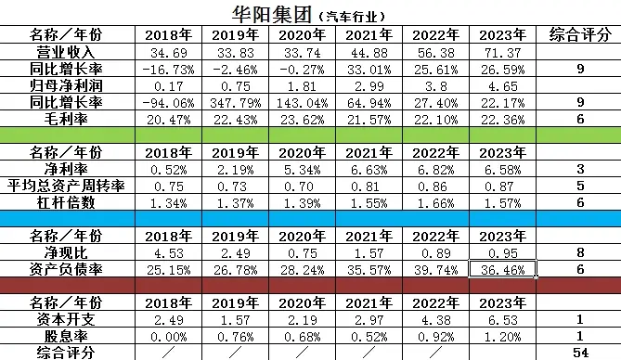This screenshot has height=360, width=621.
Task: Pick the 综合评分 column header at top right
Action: pyautogui.click(x=579, y=35)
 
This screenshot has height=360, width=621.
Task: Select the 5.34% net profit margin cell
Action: pyautogui.click(x=303, y=169)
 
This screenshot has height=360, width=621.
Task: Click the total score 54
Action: pyautogui.click(x=579, y=353)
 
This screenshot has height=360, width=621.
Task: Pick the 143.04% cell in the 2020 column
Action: pyautogui.click(x=303, y=100)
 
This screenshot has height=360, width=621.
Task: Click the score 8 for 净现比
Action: pyautogui.click(x=579, y=253)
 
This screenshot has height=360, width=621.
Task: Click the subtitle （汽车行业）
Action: pyautogui.click(x=350, y=17)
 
